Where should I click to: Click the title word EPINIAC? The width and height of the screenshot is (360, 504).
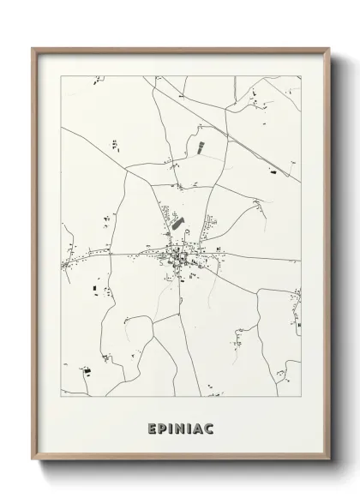(x=180, y=428)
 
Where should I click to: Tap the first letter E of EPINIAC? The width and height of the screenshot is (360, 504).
(x=152, y=428)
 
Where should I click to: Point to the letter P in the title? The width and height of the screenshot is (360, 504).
(x=162, y=428)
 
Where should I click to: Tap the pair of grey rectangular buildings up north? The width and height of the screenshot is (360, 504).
(x=201, y=147)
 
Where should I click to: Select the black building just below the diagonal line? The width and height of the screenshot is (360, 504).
(x=273, y=173)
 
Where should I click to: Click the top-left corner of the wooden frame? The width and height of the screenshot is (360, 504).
(x=33, y=48)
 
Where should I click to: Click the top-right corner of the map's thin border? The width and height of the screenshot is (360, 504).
(x=302, y=76)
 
